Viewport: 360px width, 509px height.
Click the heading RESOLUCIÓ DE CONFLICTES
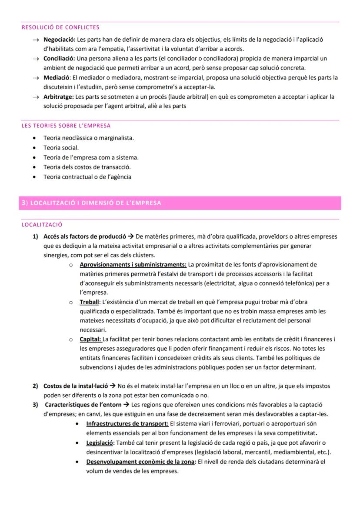coord(60,28)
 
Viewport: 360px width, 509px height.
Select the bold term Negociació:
coord(60,40)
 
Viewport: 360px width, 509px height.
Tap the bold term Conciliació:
coord(59,58)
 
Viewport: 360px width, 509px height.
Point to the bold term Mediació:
coord(57,77)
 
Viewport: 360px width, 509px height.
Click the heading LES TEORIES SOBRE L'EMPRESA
coord(66,126)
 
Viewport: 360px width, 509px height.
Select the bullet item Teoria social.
coord(61,147)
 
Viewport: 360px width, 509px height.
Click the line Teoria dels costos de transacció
coord(87,167)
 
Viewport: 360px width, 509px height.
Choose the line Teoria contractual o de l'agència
coord(87,177)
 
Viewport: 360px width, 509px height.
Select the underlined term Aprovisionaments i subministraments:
coord(133,264)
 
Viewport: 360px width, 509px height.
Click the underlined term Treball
coord(89,302)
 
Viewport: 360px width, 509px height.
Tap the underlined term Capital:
coord(90,339)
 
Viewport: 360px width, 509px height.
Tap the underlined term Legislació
coord(100,442)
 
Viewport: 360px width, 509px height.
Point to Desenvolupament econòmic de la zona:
coord(141,462)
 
